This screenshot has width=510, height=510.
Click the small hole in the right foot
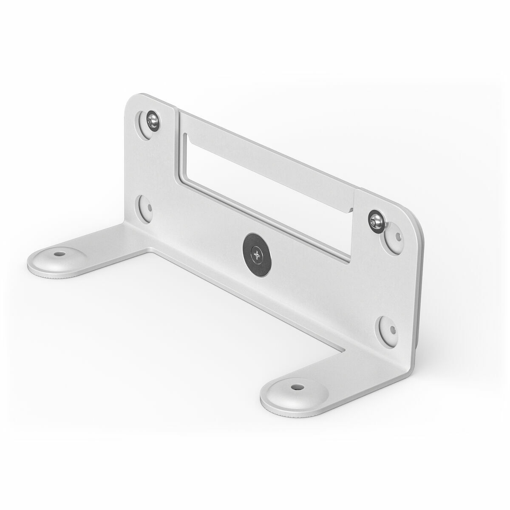coord(294,387)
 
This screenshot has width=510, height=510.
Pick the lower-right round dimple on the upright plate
coord(388,327)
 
